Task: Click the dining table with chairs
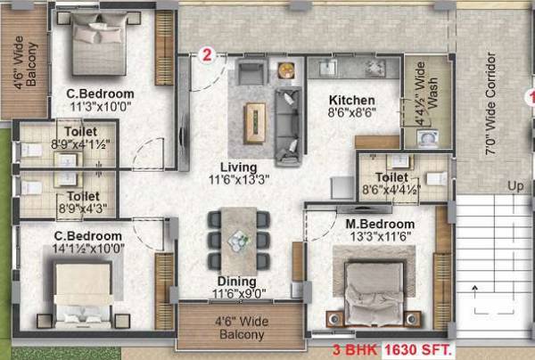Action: tap(237, 239)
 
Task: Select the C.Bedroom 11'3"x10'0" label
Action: tap(100, 100)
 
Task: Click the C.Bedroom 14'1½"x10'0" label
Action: tap(87, 241)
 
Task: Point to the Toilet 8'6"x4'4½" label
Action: tap(391, 183)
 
